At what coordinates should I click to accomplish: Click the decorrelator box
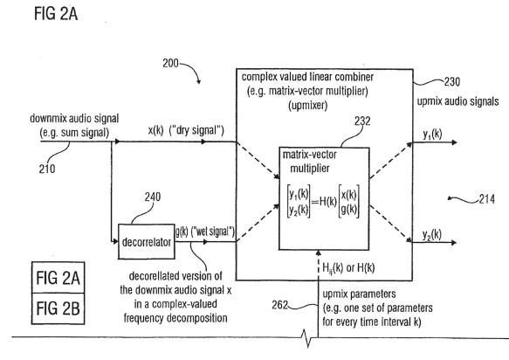coord(147,241)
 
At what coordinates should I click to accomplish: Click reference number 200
coord(170,63)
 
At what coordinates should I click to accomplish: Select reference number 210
coord(47,169)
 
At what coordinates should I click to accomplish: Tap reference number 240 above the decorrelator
coord(153,197)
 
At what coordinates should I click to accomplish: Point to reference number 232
coord(362,121)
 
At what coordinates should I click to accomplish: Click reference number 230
coord(452,81)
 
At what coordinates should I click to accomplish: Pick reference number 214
coord(487,199)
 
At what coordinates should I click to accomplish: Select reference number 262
coord(280,305)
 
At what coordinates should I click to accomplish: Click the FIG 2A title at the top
coord(56,14)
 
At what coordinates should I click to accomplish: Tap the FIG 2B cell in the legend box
coord(58,308)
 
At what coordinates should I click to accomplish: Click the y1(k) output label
coord(432,135)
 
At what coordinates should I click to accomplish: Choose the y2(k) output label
coord(432,234)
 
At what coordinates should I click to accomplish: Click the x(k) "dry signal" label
coord(186,130)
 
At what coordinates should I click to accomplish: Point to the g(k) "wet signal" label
coord(205,232)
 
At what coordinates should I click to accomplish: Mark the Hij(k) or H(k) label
coord(348,268)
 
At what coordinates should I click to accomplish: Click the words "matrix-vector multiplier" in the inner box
coord(310,162)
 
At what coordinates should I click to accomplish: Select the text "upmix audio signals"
coord(457,101)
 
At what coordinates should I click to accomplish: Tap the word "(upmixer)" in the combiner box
coord(307,105)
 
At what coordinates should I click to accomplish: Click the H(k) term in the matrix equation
coord(328,202)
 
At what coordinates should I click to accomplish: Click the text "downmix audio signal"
coord(74,118)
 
